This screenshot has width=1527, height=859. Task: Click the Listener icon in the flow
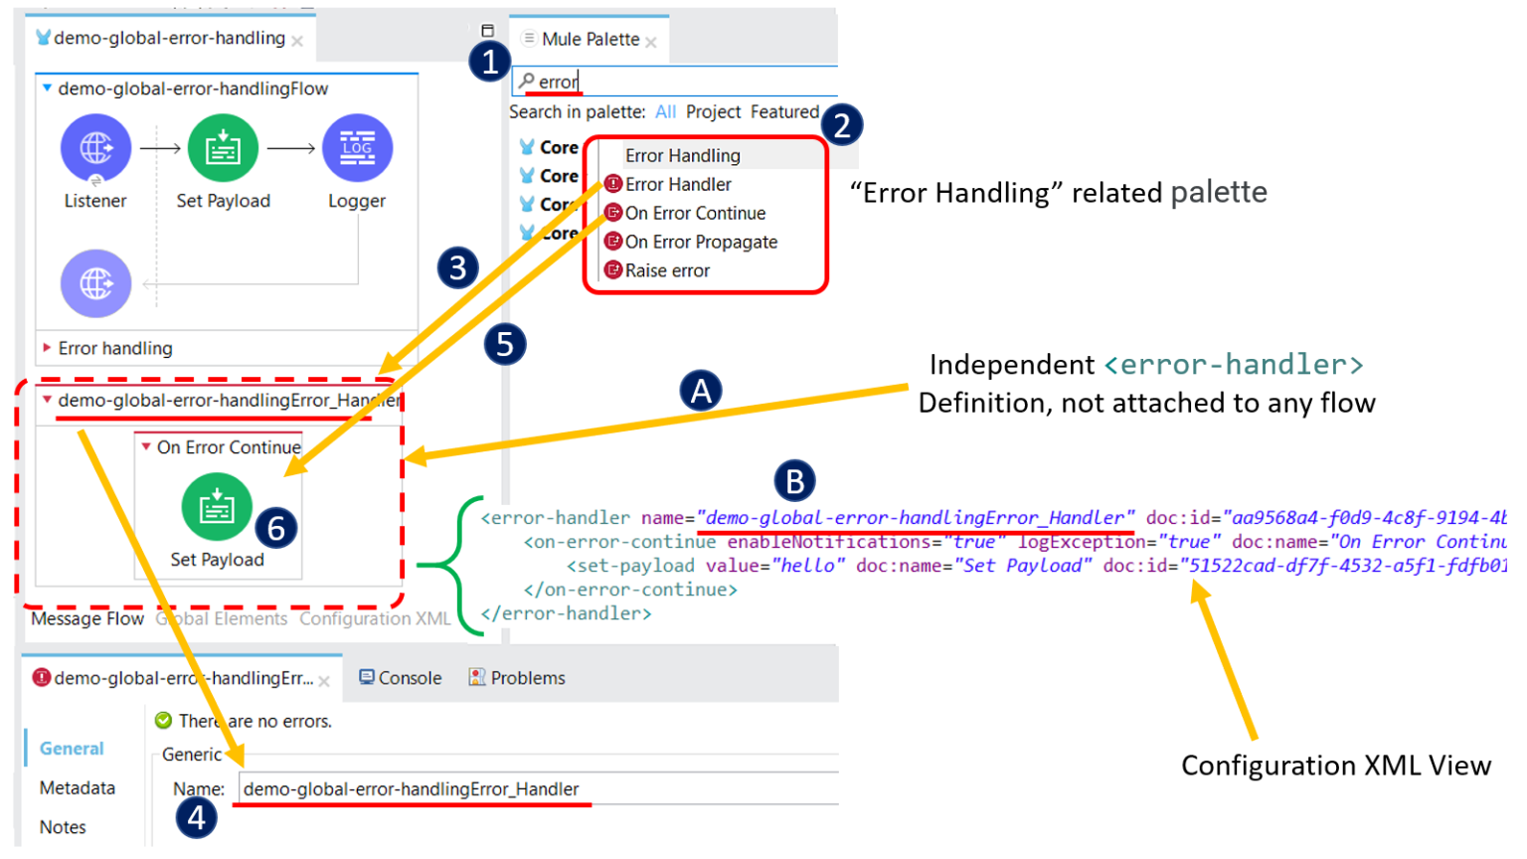click(x=95, y=148)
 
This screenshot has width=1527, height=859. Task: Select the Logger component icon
click(x=357, y=148)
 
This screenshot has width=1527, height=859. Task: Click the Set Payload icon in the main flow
click(x=223, y=148)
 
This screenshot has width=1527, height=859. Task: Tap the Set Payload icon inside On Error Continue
click(x=217, y=507)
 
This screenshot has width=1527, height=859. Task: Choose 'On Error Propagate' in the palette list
click(x=701, y=242)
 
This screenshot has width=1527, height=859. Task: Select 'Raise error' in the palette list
click(x=667, y=270)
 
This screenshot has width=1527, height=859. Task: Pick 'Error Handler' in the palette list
click(x=678, y=184)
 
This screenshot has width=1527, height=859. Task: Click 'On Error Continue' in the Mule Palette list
click(x=695, y=213)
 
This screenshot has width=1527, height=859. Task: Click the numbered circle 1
click(x=489, y=62)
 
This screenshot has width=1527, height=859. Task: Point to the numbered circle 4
click(x=196, y=818)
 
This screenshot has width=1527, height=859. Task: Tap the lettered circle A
click(x=701, y=391)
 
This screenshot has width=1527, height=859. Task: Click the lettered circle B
click(x=794, y=481)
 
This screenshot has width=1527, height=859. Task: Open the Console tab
click(x=401, y=678)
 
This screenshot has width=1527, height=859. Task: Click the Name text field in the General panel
click(x=537, y=789)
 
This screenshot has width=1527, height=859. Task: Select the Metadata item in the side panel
click(x=78, y=788)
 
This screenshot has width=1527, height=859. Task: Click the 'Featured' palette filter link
click(x=784, y=111)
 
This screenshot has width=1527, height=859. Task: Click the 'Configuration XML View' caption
click(x=1335, y=766)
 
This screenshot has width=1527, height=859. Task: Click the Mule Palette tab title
click(x=591, y=39)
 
